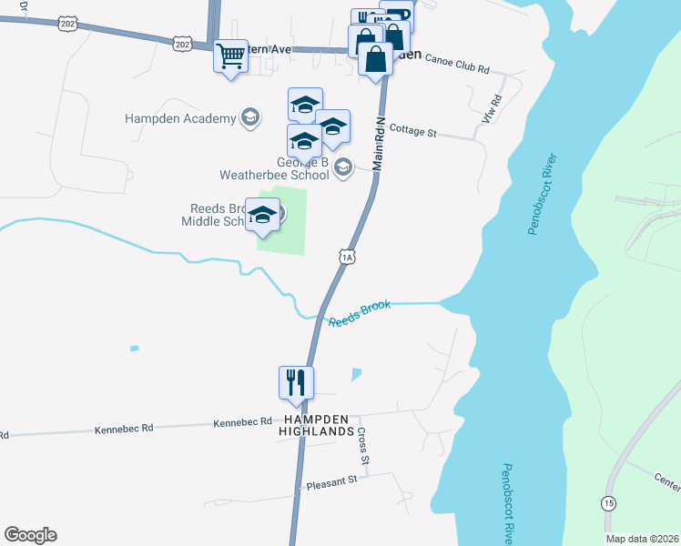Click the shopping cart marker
pyautogui.click(x=229, y=56)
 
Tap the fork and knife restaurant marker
pyautogui.click(x=296, y=382)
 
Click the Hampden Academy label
pyautogui.click(x=180, y=117)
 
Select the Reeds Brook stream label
pyautogui.click(x=359, y=314)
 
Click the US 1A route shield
pyautogui.click(x=346, y=258)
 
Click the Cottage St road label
pyautogui.click(x=412, y=132)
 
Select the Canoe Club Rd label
pyautogui.click(x=457, y=69)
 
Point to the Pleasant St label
pyautogui.click(x=333, y=481)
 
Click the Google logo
pyautogui.click(x=30, y=535)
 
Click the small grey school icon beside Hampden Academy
pyautogui.click(x=249, y=117)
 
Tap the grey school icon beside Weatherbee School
pyautogui.click(x=342, y=167)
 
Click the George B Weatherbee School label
pyautogui.click(x=274, y=169)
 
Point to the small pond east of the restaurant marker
pyautogui.click(x=355, y=374)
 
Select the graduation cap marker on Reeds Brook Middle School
pyautogui.click(x=263, y=215)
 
